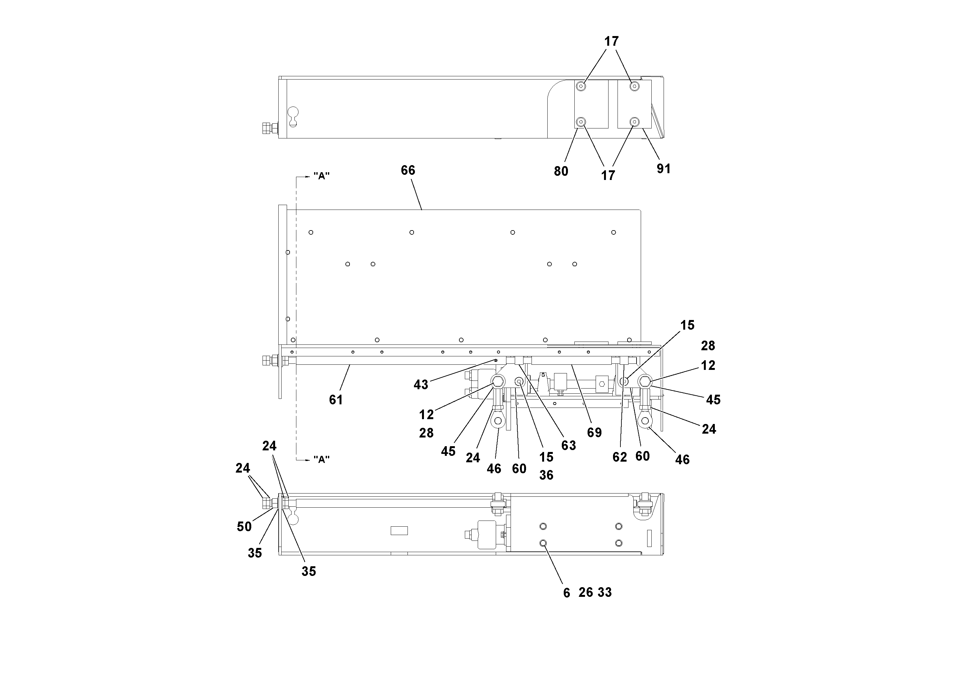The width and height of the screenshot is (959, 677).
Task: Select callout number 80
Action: coord(561,171)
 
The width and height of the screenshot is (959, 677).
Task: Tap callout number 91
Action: coord(663,169)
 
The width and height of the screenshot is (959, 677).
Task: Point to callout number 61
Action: coord(336,400)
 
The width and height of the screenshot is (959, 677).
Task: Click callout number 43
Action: coord(421,385)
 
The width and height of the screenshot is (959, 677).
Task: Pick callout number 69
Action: coord(594,432)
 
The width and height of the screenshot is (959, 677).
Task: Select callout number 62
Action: coord(619,457)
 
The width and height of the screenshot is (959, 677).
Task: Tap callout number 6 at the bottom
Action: coord(566,593)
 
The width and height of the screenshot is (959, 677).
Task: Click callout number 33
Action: coord(604,592)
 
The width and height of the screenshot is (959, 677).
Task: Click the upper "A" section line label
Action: coord(321,176)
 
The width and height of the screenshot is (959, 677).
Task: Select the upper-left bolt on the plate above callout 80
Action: coord(580,86)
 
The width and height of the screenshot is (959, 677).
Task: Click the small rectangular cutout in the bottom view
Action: coord(399,531)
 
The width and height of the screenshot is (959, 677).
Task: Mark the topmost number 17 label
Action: coord(611,41)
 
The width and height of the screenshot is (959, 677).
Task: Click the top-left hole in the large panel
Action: coord(311,232)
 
